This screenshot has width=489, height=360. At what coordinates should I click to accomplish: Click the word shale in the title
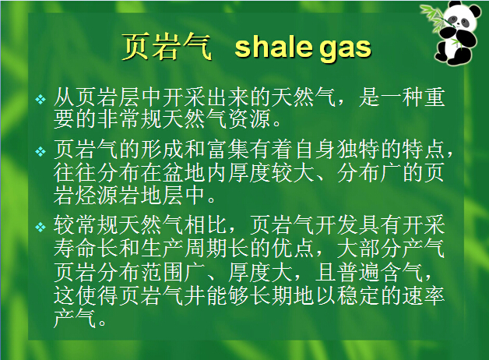point(273,48)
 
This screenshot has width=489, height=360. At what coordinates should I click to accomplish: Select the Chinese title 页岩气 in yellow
point(167,47)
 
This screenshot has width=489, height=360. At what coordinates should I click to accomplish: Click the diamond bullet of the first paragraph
point(40,100)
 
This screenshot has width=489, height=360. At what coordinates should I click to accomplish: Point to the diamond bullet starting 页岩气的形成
point(40,152)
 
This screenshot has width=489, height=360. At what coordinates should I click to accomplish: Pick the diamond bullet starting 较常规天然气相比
point(40,227)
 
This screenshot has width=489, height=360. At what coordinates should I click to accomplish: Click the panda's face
point(458,21)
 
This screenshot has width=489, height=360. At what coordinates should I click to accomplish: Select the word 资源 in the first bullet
point(250,119)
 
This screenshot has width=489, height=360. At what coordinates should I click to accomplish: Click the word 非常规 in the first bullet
point(130,119)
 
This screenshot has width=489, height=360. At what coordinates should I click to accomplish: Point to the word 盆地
point(185,172)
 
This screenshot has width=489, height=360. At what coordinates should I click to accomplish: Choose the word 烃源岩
point(108,195)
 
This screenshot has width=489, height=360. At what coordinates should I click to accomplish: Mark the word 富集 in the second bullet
point(228,150)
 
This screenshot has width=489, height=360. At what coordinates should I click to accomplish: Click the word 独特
point(359,150)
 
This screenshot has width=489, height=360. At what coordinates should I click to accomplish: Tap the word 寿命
point(76,249)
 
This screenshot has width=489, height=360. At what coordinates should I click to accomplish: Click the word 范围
point(163,272)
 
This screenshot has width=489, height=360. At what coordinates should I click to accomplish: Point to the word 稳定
point(359,295)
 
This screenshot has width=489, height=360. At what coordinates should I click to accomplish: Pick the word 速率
point(424,295)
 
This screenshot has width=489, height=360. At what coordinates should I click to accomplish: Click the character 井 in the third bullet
point(195,295)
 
